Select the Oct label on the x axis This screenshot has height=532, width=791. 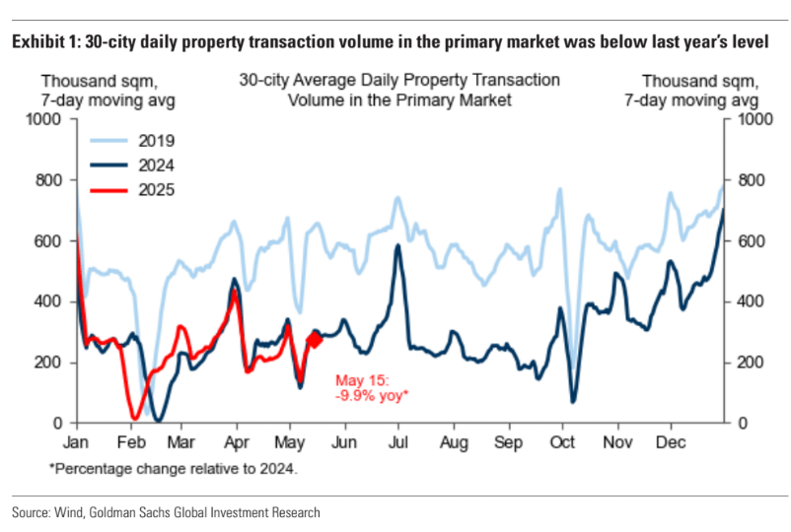coord(562,441)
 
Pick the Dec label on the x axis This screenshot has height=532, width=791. coord(671,441)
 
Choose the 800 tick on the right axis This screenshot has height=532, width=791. coord(745,180)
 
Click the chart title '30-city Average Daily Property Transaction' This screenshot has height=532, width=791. coord(398,80)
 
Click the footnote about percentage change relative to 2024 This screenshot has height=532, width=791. coord(173,468)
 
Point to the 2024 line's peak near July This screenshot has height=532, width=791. coord(397,246)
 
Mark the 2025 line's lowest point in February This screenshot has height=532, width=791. coord(135,418)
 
